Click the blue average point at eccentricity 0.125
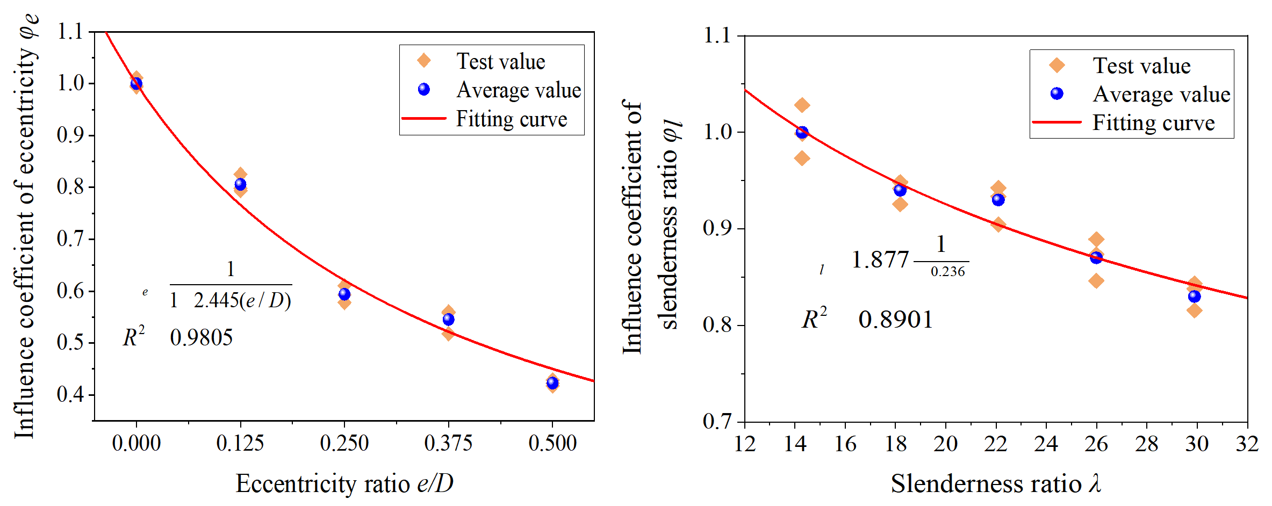240,184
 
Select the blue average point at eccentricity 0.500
552,383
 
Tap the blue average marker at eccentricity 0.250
344,294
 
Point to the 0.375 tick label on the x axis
448,444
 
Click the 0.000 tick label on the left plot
136,444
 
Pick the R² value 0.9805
202,338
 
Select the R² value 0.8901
896,320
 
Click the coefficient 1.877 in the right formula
880,260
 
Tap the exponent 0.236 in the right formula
948,272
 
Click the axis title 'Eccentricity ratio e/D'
344,483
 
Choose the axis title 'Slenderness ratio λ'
996,483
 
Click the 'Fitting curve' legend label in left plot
512,119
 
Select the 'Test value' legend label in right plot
1141,66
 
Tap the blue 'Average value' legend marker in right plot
1057,94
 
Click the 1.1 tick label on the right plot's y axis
717,36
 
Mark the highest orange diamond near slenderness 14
802,105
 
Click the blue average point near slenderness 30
1194,297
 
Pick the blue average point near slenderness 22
998,200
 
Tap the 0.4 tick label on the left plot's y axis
70,395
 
